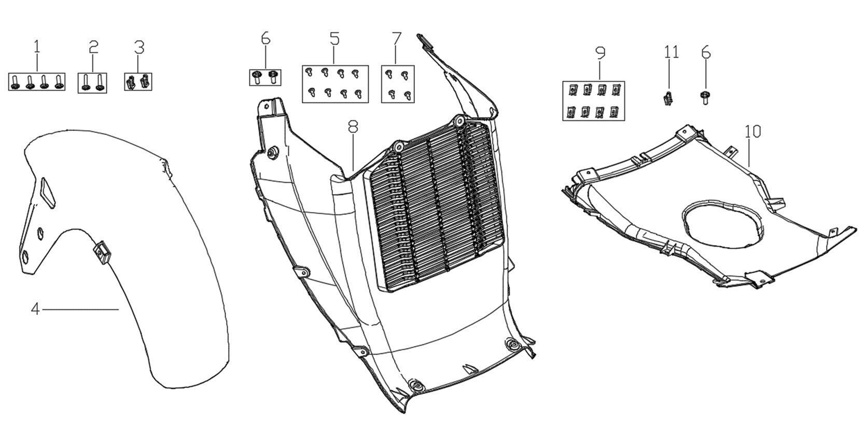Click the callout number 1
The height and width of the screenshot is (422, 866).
point(37,47)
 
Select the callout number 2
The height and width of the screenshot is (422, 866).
point(93,47)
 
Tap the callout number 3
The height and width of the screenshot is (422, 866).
point(139,47)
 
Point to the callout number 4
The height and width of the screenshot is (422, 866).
point(35,309)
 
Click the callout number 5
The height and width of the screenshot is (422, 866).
point(335,39)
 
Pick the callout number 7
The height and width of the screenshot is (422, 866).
point(397,38)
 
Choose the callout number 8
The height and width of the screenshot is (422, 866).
point(353,126)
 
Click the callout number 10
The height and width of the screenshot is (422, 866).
point(753,132)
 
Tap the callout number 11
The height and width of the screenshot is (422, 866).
point(672,51)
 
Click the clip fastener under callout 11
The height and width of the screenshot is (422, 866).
point(668,98)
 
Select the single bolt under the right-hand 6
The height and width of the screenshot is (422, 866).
point(705,98)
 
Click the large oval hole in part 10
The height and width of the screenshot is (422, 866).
point(721,223)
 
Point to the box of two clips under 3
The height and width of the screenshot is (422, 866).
point(138,81)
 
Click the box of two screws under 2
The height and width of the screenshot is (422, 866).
point(92,83)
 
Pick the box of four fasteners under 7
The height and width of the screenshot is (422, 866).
point(398,84)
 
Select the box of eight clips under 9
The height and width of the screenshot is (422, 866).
point(593,101)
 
